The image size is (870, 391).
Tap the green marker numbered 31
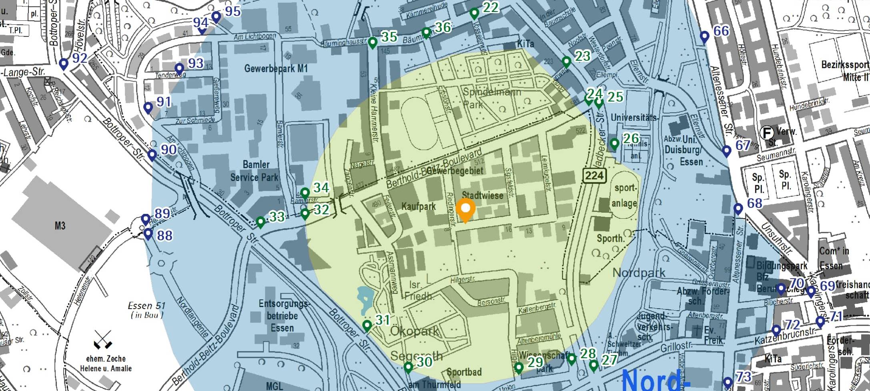pos(367,325)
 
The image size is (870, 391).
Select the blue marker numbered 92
pos(63,64)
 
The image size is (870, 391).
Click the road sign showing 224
pos(594,176)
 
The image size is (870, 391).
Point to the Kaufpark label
pos(419,207)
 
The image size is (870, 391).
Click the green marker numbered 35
pos(373,42)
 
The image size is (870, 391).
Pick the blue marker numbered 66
pos(704,37)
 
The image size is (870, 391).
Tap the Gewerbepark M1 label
pos(276,68)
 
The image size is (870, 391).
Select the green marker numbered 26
pos(614,144)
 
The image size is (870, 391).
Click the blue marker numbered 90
pos(152,155)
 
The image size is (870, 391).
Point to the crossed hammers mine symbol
pos(102,340)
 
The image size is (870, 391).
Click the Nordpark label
pos(639,273)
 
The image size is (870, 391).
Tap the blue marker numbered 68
pos(738,209)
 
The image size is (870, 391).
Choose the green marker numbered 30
pos(408,367)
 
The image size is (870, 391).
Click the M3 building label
pos(60,226)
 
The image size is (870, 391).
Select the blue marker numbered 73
pos(728,383)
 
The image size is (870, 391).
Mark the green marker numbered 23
pos(566,62)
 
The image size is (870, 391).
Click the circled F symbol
pos(767,132)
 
